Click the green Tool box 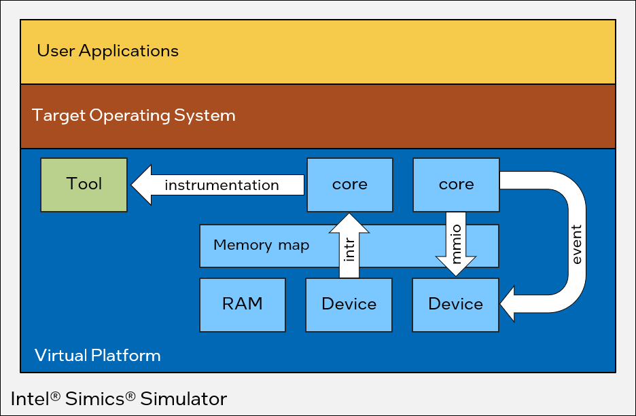pos(84,185)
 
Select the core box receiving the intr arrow pos(349,185)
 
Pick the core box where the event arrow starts pos(456,185)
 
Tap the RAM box pos(243,304)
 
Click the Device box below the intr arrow pos(349,304)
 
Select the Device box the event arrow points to pos(455,304)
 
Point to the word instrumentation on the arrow pos(222,185)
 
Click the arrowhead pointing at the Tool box pos(141,185)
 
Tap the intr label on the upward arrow pos(349,250)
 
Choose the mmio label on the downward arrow pos(456,243)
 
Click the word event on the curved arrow pos(576,244)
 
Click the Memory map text pos(261,245)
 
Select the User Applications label pos(107,51)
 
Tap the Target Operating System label pos(134,115)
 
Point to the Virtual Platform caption pos(97,355)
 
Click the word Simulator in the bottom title pos(183,398)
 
